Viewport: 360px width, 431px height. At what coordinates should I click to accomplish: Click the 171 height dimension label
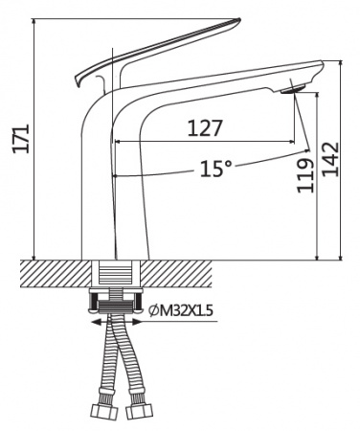click(x=21, y=139)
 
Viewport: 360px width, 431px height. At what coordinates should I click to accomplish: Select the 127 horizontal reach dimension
click(x=204, y=128)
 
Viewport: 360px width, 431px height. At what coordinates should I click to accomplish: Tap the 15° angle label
click(x=215, y=169)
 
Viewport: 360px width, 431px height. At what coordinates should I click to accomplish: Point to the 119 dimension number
click(x=304, y=175)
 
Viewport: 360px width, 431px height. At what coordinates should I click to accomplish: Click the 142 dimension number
click(x=329, y=159)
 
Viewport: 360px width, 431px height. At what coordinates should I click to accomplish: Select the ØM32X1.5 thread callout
click(x=181, y=310)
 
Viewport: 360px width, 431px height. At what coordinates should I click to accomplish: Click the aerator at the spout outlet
click(x=293, y=88)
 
